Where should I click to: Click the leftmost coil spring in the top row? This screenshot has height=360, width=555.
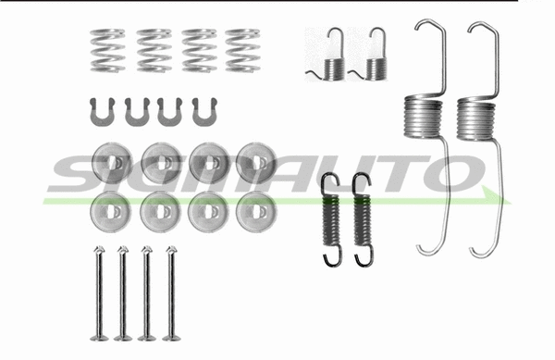click(x=109, y=50)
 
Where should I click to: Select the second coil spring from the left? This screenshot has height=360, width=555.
click(x=154, y=50)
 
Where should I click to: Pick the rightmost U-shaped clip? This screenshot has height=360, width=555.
click(x=203, y=112)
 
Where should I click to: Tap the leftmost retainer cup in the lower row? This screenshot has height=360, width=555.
click(x=111, y=213)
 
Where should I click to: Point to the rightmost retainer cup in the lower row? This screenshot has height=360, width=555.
click(x=254, y=213)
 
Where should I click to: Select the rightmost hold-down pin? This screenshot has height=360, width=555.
click(x=170, y=292)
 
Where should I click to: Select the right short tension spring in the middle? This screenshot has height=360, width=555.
click(x=361, y=219)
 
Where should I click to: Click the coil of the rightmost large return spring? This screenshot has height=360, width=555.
click(x=478, y=118)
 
